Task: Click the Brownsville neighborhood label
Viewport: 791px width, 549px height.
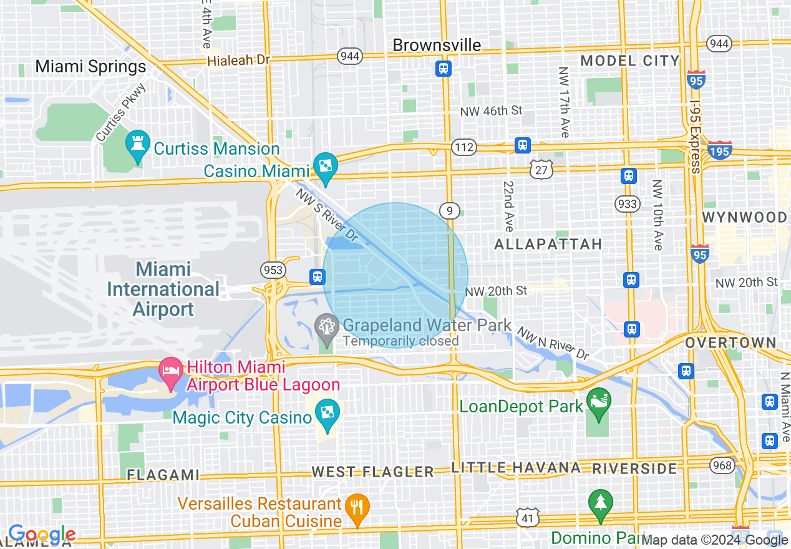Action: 437,45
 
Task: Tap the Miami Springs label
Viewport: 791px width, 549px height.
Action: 90,67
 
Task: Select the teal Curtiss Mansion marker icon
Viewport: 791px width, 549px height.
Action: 137,145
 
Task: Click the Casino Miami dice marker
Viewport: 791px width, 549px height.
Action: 326,166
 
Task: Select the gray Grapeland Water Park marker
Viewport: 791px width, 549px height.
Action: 326,326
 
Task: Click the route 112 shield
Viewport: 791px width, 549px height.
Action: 465,147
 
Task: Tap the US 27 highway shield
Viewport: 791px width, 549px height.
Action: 542,168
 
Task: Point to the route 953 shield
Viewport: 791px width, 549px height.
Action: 273,270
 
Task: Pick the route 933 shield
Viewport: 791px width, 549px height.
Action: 627,203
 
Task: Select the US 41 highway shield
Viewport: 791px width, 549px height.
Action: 527,516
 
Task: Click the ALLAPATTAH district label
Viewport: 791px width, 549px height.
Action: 548,244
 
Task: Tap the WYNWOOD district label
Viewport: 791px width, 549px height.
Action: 744,217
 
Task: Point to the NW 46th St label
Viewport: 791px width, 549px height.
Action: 491,111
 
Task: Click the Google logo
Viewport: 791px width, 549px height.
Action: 42,534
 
